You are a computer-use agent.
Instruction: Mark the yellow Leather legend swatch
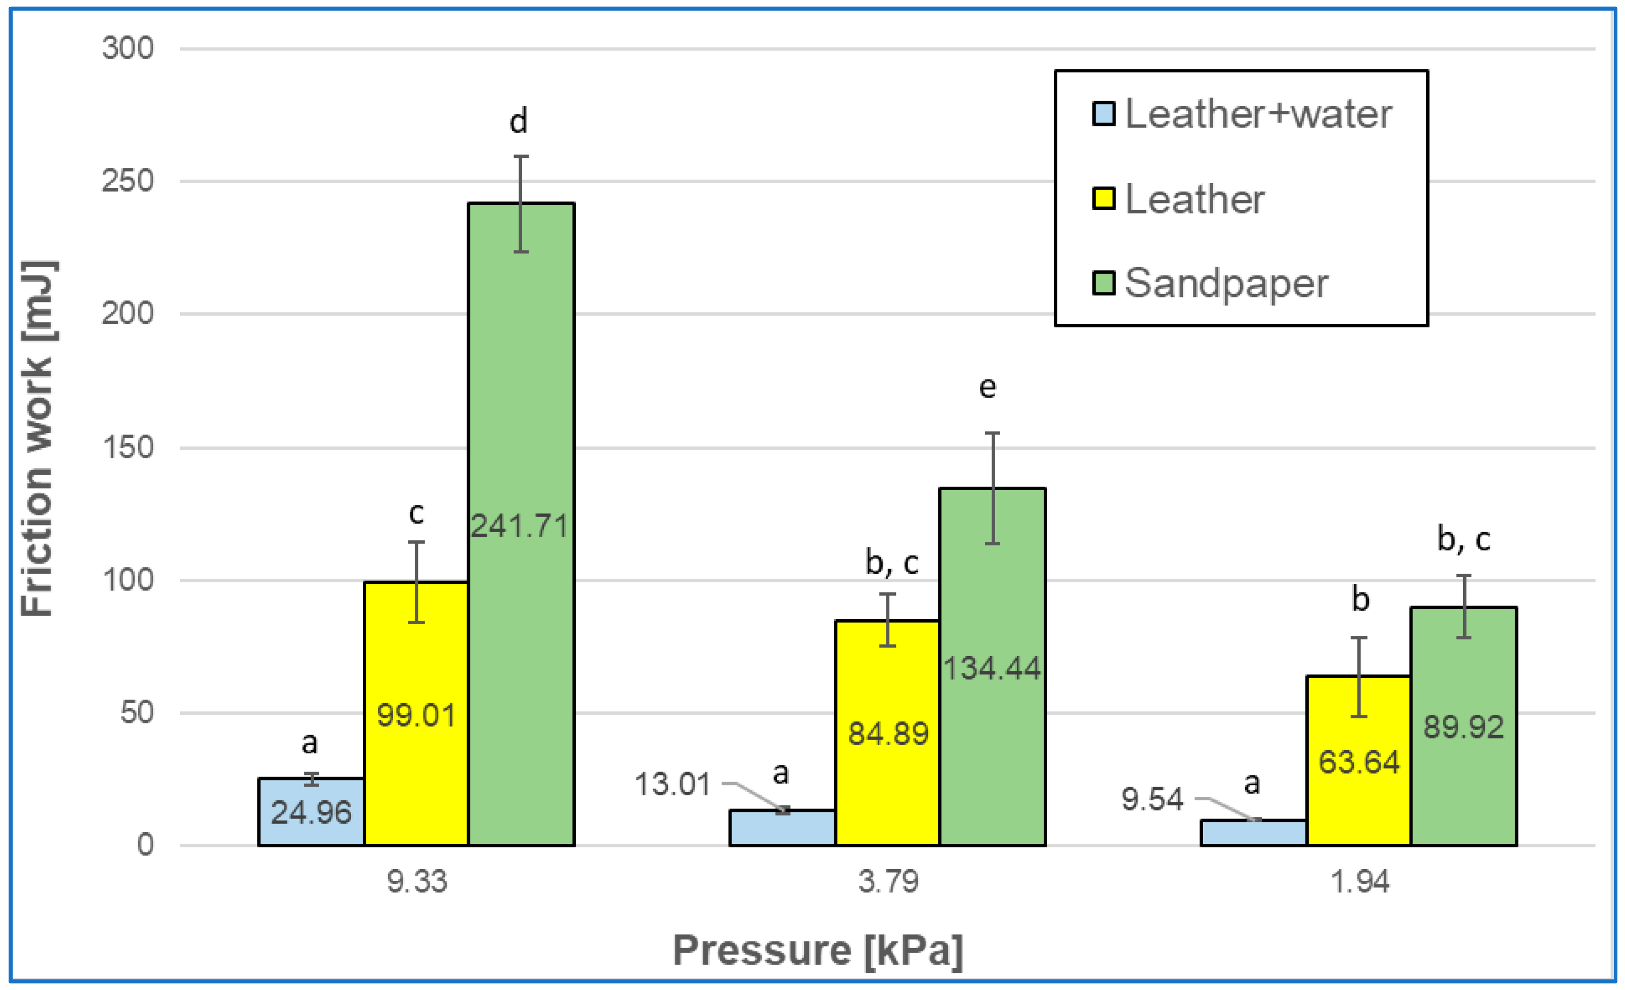1103,198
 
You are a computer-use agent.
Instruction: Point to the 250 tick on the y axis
127,181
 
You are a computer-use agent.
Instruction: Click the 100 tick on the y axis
127,580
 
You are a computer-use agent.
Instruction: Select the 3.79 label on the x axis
888,882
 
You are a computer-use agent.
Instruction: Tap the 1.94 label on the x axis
1359,882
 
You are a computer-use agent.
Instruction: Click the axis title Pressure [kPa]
818,951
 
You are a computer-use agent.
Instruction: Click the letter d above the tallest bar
519,121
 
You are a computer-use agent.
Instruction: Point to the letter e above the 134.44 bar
987,387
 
